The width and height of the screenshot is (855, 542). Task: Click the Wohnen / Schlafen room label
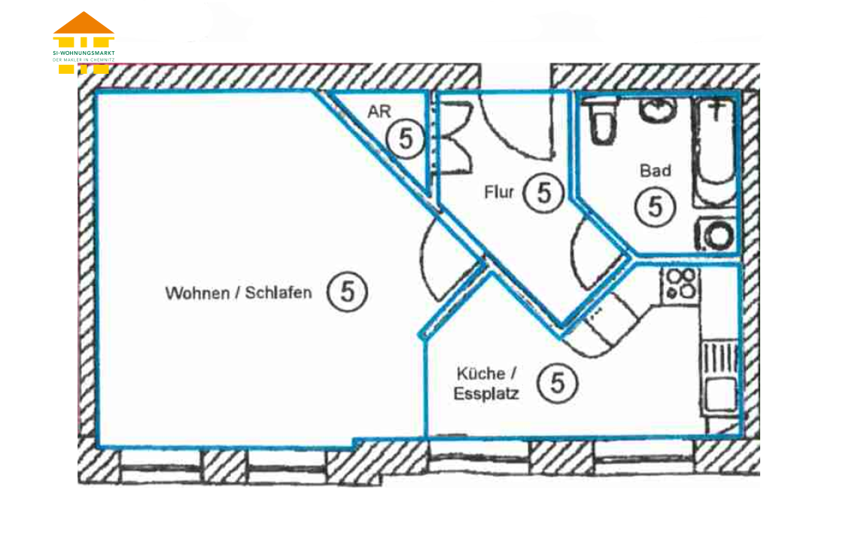point(239,293)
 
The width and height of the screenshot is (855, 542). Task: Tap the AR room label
point(379,111)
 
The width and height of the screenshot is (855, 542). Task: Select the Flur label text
point(499,192)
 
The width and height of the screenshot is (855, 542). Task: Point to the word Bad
point(655,171)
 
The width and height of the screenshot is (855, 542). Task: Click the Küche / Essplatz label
point(486,383)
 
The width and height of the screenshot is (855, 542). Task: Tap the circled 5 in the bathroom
point(655,207)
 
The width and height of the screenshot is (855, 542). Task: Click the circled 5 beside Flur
point(543,193)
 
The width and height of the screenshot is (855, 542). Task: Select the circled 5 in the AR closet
point(406,139)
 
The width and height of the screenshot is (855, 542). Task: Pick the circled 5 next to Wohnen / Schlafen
point(348,292)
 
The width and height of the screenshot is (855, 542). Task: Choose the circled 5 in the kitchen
point(557,382)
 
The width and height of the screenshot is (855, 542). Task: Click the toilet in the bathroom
point(603,121)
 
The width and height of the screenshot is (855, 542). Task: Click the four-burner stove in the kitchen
point(680,284)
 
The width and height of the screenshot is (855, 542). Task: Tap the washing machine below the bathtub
point(716,235)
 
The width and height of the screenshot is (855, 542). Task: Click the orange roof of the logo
point(84,23)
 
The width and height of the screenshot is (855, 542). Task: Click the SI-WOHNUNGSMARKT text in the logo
point(84,53)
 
